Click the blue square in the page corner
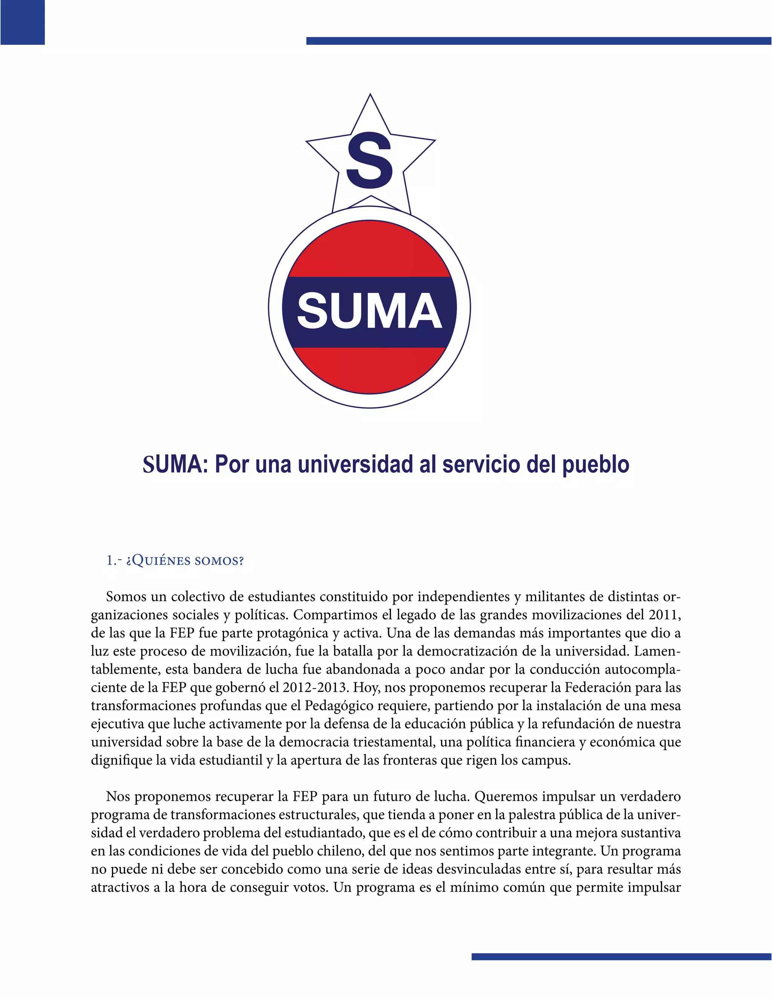22,22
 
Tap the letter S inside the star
369,161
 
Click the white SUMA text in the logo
369,311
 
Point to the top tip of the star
370,96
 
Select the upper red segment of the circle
369,249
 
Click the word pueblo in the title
596,465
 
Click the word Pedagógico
339,706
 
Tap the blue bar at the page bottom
621,956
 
